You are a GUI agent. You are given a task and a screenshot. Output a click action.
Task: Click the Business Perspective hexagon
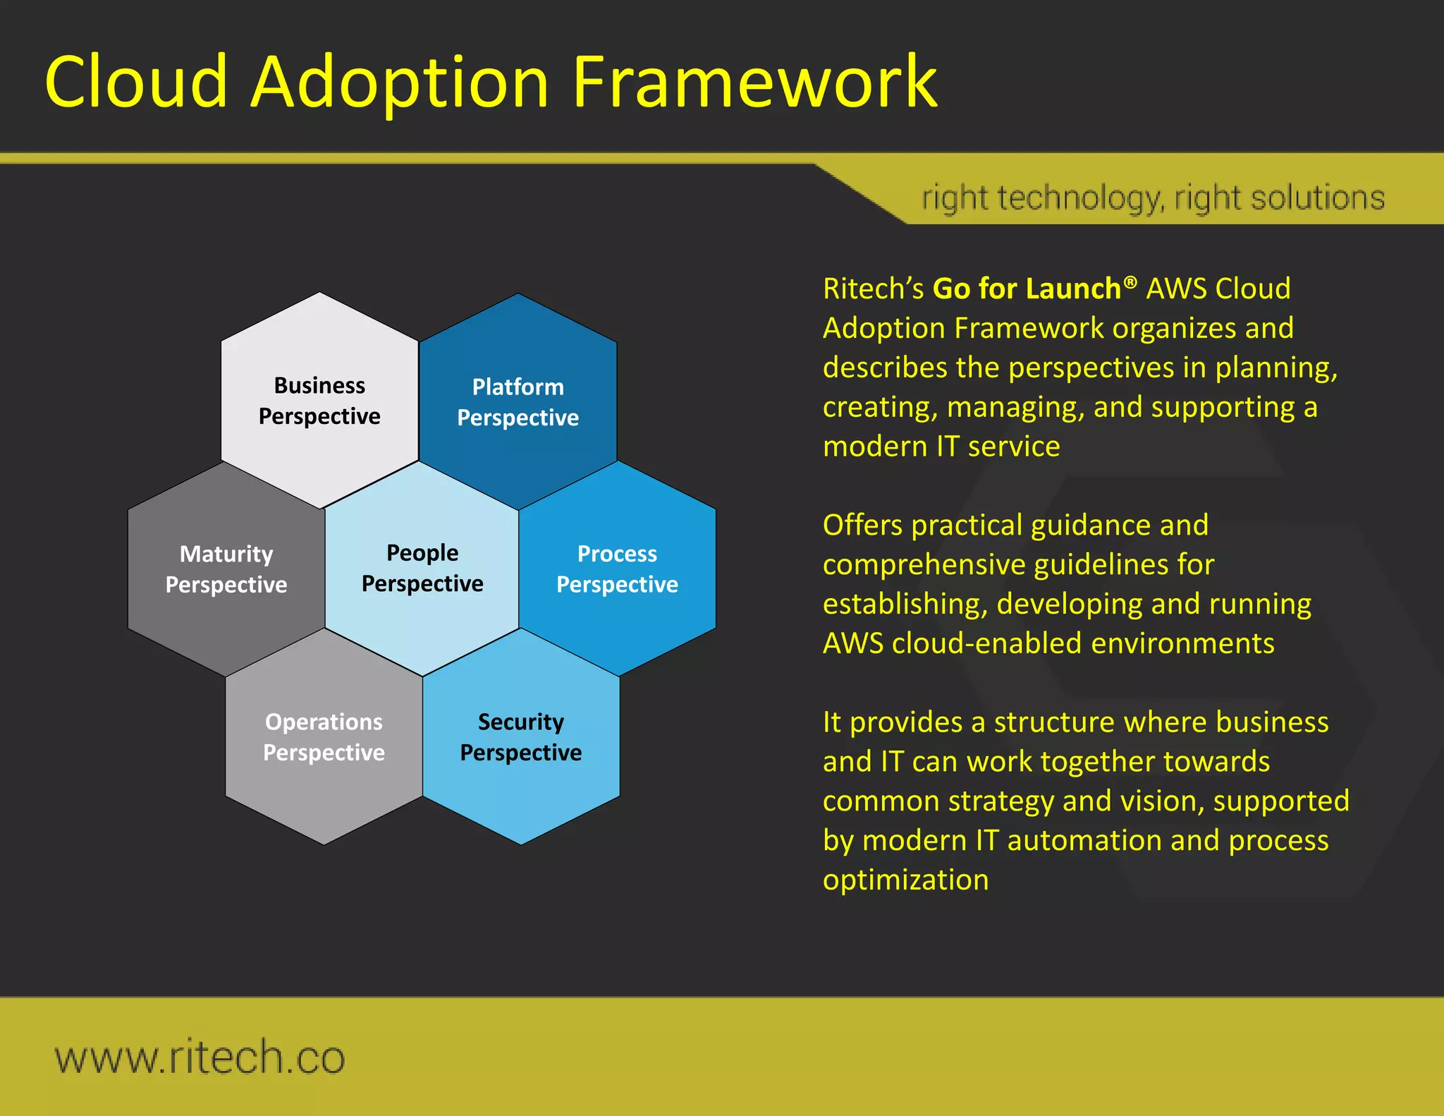[x=319, y=400]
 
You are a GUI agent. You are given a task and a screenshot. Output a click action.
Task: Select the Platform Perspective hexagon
[x=518, y=401]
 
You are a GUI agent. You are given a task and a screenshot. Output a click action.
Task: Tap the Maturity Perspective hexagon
[x=226, y=569]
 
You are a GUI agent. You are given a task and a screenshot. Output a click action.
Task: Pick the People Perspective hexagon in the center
[x=422, y=568]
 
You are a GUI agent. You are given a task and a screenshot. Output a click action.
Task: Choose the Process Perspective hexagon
[x=617, y=569]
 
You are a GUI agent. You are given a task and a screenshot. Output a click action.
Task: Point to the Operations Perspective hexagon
[x=324, y=736]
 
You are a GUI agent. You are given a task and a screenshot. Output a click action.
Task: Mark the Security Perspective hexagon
[x=520, y=736]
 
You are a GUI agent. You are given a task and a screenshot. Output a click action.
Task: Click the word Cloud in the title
[x=136, y=83]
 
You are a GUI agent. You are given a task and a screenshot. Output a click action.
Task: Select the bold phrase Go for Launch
[x=1027, y=289]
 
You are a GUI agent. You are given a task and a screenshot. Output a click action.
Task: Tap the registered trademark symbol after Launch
[x=1130, y=283]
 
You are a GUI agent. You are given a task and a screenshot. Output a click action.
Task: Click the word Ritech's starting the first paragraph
[x=873, y=289]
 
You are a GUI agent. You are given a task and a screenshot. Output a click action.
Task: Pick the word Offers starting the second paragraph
[x=862, y=526]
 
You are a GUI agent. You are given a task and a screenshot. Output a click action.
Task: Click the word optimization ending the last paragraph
[x=905, y=880]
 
